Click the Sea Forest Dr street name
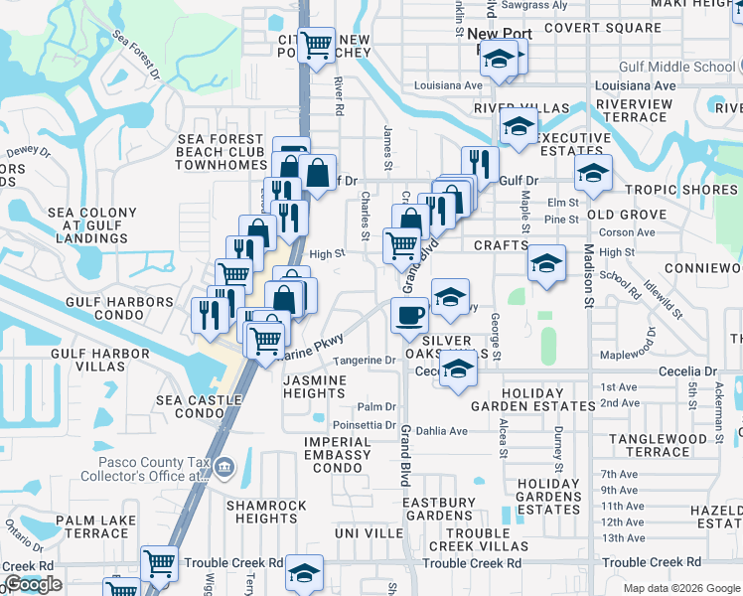point(136,54)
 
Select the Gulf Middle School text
point(688,67)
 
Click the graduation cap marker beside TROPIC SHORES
point(592,175)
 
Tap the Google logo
point(33,585)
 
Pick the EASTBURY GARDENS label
point(438,510)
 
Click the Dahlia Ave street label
point(445,431)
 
